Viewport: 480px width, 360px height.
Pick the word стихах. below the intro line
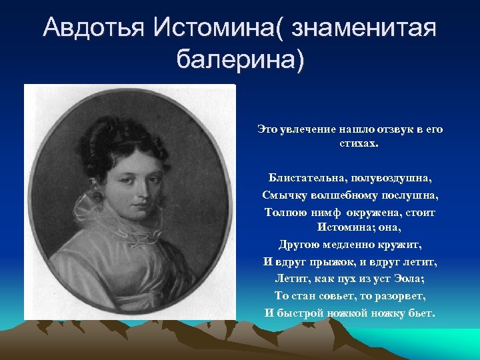(x=349, y=143)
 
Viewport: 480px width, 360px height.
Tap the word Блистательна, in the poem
(x=305, y=178)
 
